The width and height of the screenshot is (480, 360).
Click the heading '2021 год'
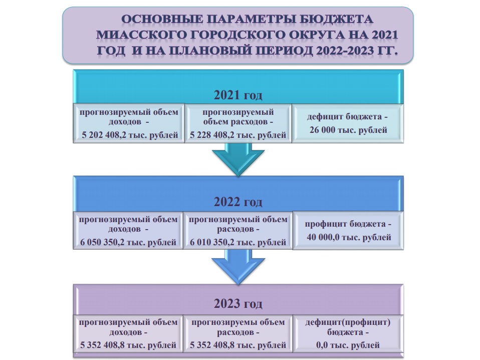point(238,95)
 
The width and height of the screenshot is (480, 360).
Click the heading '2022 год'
point(238,202)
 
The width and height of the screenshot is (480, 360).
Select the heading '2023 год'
point(238,304)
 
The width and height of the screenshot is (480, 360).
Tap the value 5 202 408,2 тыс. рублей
point(129,135)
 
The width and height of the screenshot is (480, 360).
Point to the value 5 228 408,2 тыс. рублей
point(238,135)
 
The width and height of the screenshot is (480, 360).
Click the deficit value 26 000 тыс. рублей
point(347,130)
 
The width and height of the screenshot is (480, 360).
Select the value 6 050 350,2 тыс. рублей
point(129,243)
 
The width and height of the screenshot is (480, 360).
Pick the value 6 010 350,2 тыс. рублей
point(238,243)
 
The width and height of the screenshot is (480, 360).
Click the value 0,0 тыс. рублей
point(347,345)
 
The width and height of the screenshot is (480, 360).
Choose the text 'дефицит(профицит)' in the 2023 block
point(348,322)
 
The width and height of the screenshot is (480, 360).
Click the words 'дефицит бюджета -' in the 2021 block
point(347,117)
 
